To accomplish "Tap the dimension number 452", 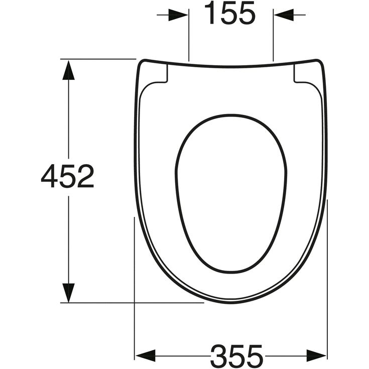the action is tap(68, 176).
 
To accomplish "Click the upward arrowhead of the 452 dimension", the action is tap(68, 70).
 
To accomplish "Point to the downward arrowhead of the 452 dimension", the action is tap(68, 293).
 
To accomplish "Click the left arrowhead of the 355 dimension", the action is tap(146, 355).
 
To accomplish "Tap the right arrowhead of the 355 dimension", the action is tap(316, 355).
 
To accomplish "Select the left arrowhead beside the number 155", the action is tap(178, 15).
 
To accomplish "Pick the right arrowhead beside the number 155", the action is tap(284, 15).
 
